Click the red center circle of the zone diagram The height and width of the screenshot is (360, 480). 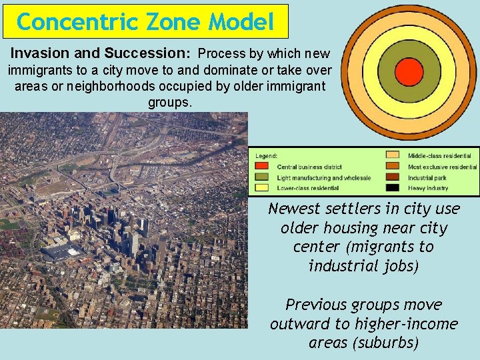click(409, 71)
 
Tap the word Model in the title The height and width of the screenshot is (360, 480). click(241, 23)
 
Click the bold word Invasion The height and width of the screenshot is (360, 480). click(38, 53)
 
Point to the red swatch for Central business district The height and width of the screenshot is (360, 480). click(263, 167)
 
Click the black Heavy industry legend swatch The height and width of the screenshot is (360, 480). click(393, 189)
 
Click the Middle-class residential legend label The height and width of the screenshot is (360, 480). click(440, 156)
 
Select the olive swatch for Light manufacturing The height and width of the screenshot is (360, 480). click(263, 177)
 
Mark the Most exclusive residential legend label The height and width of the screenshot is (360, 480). click(443, 167)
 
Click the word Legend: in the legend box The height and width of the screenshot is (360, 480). click(267, 156)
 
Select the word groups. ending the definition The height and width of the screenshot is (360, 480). click(170, 103)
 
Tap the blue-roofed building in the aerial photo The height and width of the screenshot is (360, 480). click(62, 252)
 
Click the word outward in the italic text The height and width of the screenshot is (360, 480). click(297, 324)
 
